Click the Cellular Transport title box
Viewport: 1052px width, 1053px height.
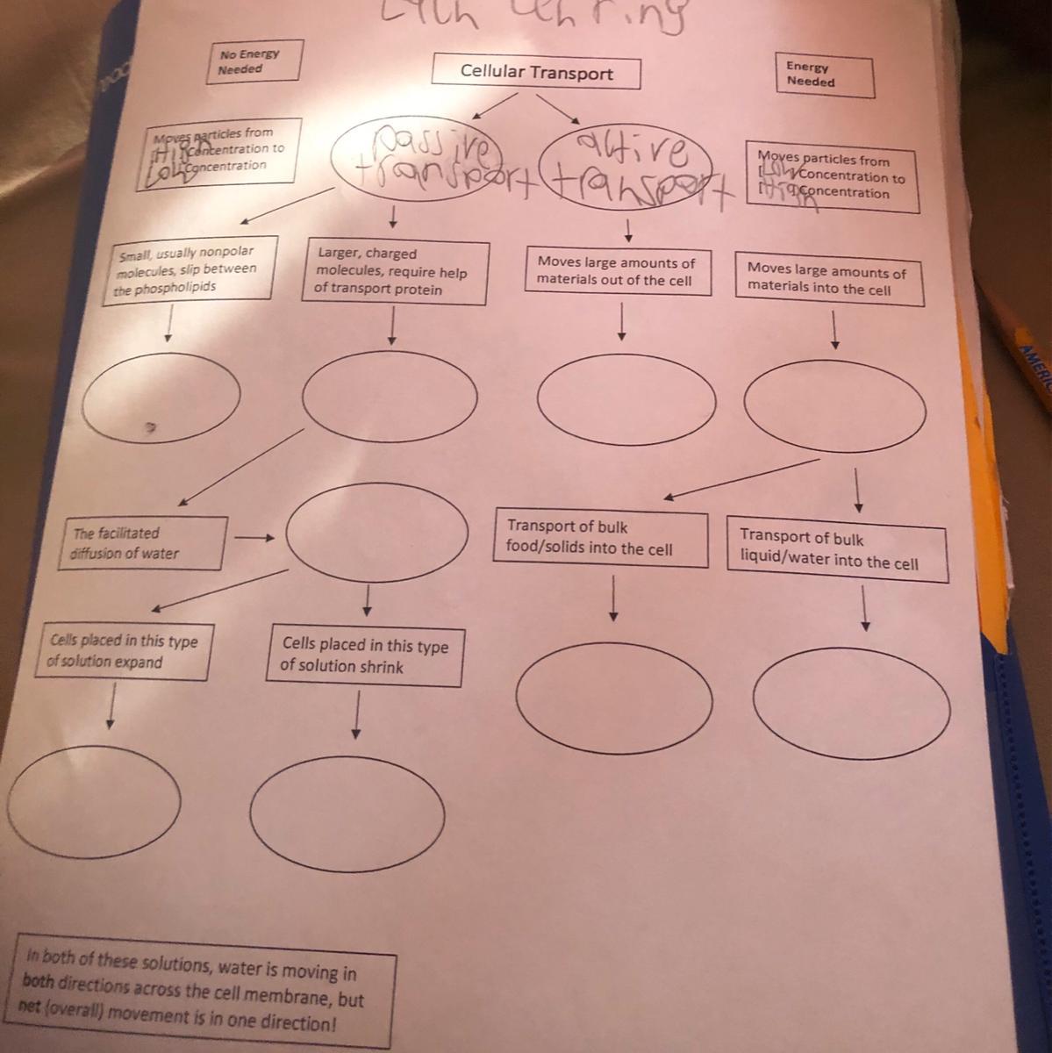click(x=536, y=73)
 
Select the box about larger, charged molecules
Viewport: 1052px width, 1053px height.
click(x=394, y=272)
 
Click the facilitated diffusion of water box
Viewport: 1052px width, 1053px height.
click(x=140, y=543)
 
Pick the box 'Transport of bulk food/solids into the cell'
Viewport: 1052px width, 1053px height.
click(x=600, y=538)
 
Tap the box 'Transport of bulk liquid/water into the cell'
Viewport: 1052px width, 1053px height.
click(x=835, y=550)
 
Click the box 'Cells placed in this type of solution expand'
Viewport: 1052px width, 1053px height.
click(x=127, y=651)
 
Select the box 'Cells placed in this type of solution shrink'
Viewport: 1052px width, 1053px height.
click(x=364, y=656)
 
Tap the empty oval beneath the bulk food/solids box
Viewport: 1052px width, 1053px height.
click(x=613, y=698)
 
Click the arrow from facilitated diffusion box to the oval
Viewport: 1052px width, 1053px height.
click(x=254, y=537)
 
